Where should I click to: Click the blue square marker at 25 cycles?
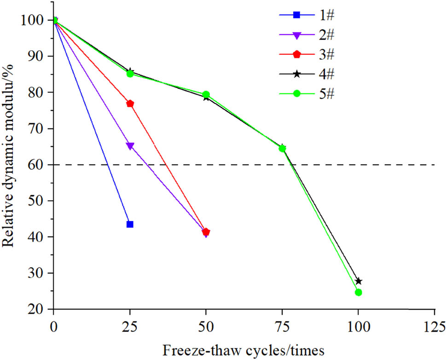130,224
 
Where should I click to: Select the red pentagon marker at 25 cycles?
130,104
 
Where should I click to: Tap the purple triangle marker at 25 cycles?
130,146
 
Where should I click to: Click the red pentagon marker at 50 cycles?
206,232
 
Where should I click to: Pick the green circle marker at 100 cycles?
358,292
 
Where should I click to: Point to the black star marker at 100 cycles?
359,281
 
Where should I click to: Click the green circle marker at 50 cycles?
206,94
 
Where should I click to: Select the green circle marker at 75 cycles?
282,148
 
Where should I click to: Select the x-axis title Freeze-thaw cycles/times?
244,350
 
